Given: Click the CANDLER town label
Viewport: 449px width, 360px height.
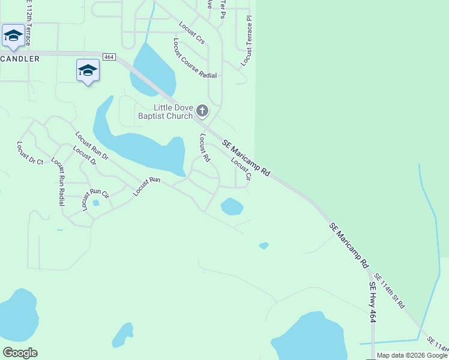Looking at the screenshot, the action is (20, 59).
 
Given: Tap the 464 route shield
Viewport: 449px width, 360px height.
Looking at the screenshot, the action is (109, 57).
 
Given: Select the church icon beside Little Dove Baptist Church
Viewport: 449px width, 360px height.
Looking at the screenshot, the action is (202, 110).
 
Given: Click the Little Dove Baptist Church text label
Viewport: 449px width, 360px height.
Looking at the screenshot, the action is (165, 112).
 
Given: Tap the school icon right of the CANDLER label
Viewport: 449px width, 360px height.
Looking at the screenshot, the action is (88, 70).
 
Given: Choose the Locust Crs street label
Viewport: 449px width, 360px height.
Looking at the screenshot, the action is (192, 32).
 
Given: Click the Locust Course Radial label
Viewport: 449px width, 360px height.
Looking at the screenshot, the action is (194, 59).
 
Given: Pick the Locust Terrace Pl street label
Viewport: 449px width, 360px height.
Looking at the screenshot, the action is (247, 41).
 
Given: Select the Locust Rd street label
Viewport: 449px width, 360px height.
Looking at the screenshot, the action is (204, 148).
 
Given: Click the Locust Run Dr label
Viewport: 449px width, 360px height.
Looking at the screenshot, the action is (92, 146).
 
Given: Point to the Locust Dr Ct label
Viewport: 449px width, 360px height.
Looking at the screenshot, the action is (31, 153).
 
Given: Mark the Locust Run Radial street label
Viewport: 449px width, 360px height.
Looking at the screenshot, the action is (58, 181).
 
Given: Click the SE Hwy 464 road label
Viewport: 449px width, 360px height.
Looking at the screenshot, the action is (373, 302).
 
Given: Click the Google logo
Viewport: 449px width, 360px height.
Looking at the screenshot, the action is (20, 353).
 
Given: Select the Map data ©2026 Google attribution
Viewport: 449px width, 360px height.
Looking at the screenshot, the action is (412, 355).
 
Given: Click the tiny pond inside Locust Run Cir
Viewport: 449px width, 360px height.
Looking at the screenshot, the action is (96, 203).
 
